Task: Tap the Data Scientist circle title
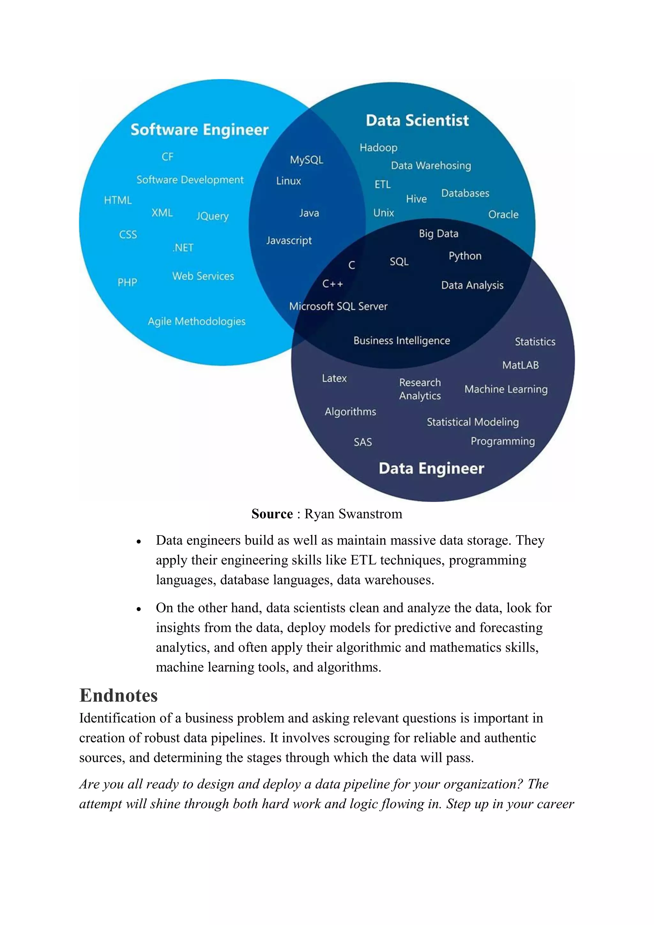(x=417, y=120)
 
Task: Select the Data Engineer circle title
(x=431, y=468)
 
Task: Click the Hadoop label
(x=378, y=148)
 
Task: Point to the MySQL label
(x=306, y=160)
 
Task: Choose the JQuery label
(x=212, y=216)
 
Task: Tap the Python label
(x=465, y=256)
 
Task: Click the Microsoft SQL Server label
(x=338, y=307)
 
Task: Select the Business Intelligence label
(x=401, y=341)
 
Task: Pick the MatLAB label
(x=520, y=365)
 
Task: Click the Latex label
(x=334, y=378)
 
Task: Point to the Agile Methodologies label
(x=197, y=322)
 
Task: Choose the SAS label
(x=363, y=442)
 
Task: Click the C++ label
(x=332, y=284)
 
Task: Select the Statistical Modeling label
(x=473, y=422)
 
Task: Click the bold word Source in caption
(x=272, y=514)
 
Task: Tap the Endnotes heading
(x=118, y=695)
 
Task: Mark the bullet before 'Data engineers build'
(x=139, y=542)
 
